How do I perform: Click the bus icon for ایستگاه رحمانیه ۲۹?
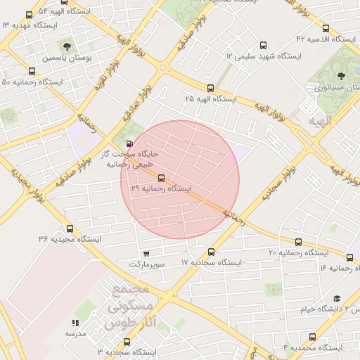tap(162, 179)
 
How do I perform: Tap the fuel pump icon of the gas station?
tap(128, 143)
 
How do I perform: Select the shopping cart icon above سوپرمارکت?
tap(146, 254)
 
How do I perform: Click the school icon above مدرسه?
tap(75, 323)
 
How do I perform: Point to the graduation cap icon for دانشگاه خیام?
tap(337, 299)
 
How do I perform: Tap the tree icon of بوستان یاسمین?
tap(68, 46)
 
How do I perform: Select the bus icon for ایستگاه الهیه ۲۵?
tap(210, 88)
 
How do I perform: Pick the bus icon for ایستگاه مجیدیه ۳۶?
tap(69, 229)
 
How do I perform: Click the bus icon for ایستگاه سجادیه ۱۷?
tap(212, 252)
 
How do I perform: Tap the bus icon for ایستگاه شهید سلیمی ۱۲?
tap(264, 45)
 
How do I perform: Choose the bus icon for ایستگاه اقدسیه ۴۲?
tap(325, 29)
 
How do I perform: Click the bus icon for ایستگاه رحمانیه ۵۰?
tap(32, 71)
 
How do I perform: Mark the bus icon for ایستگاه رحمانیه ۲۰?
tap(298, 243)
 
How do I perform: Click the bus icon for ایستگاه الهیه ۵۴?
tap(29, 15)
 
